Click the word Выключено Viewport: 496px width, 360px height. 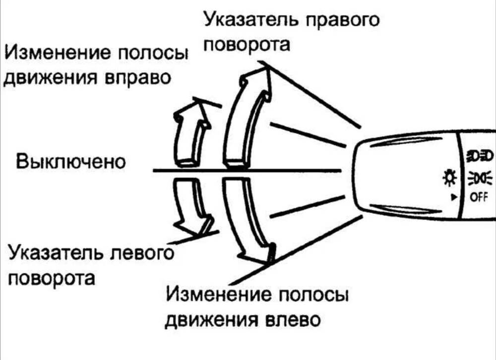(x=71, y=162)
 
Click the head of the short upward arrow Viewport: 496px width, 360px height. (x=191, y=110)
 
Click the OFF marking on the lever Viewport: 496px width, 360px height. (x=478, y=197)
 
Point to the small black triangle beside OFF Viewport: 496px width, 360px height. (x=453, y=197)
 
